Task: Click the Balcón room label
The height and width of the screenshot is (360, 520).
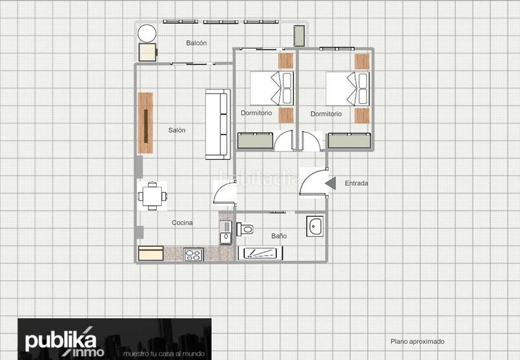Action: (x=196, y=43)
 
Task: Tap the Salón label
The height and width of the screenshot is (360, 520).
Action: (x=177, y=130)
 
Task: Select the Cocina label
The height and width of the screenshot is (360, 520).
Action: (x=182, y=223)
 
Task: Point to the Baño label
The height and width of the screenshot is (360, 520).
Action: (x=279, y=236)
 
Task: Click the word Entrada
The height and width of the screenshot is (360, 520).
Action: (x=356, y=183)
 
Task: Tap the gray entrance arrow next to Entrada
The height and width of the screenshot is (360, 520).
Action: (x=331, y=183)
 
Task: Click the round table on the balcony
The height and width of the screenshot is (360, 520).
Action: (x=147, y=34)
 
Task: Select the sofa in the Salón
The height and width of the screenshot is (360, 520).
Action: (x=218, y=124)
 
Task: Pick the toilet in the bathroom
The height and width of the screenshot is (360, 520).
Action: (x=245, y=229)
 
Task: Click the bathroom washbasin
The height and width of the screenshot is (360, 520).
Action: (x=315, y=226)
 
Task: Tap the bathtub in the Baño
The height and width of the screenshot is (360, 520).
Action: (x=261, y=253)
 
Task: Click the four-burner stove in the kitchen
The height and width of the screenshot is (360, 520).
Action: (x=193, y=255)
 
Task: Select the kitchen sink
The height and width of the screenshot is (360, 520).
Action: (x=226, y=233)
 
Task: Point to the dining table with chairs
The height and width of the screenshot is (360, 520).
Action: (x=152, y=196)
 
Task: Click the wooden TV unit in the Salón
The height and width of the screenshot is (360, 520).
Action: (x=145, y=123)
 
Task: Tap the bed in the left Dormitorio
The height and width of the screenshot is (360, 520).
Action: (x=272, y=88)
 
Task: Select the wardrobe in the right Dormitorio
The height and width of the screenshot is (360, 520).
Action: (x=349, y=140)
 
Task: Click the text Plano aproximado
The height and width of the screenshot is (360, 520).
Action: (x=417, y=341)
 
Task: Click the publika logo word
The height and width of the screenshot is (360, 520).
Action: (x=60, y=340)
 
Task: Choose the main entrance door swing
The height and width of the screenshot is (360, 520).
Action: (x=313, y=183)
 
